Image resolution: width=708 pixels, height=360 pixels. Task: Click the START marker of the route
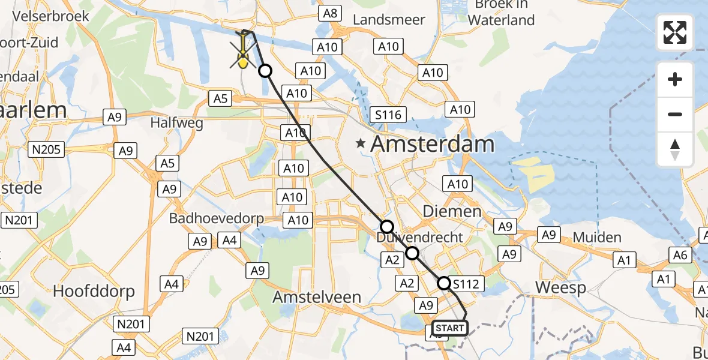(449, 328)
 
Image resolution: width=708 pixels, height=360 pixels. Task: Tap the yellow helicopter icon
(243, 53)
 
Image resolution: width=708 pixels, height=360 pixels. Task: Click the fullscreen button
(675, 32)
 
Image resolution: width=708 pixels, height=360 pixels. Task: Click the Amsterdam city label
(432, 144)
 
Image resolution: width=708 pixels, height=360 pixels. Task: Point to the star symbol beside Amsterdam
(360, 143)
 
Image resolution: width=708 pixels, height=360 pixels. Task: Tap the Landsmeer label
(389, 19)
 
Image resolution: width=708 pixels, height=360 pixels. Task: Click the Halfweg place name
(177, 123)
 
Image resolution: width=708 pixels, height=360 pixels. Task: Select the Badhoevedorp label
(216, 218)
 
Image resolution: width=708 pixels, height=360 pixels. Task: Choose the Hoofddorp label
(94, 291)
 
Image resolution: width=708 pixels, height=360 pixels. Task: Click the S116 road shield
(388, 115)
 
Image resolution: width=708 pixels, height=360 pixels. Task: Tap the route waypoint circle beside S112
(444, 283)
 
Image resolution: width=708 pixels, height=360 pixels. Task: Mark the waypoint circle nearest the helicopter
(265, 71)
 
